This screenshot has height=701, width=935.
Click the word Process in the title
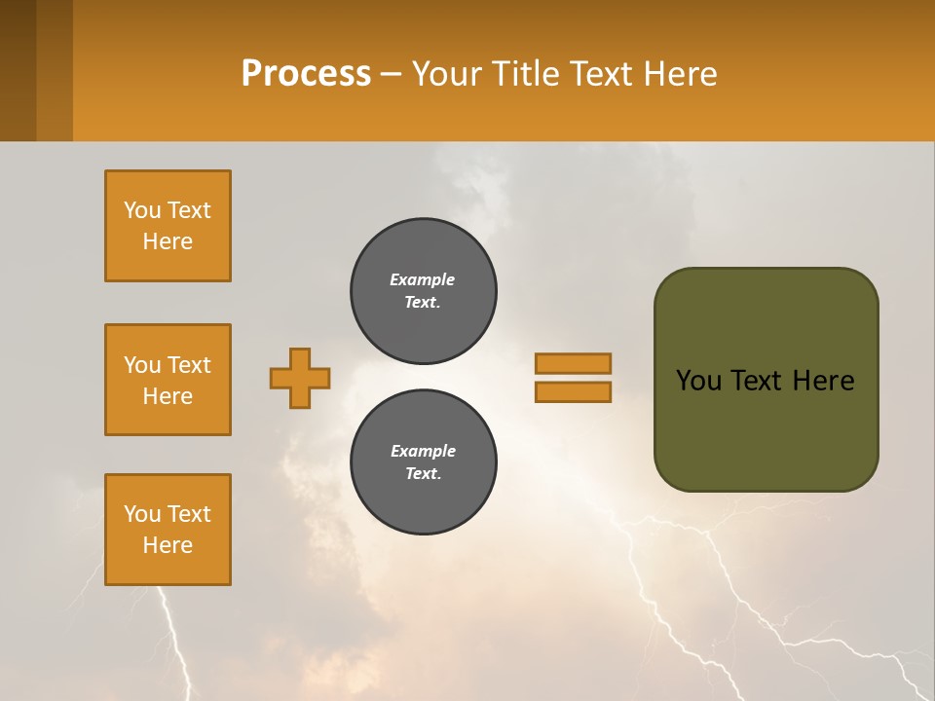pos(306,74)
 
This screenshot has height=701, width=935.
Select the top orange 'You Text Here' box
pos(168,226)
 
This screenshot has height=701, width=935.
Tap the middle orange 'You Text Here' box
pos(168,380)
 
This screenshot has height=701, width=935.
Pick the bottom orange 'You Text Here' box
pos(168,530)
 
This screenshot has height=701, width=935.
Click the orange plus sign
pos(300,378)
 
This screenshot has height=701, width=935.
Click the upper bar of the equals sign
pos(573,364)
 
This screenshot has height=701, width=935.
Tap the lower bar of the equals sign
pos(573,392)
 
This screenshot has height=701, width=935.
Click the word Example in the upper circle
pos(423,279)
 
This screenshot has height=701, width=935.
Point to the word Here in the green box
pos(823,381)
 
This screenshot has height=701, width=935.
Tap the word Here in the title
pos(681,74)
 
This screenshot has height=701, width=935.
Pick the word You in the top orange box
pos(142,210)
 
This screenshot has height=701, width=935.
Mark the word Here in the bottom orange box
pos(168,545)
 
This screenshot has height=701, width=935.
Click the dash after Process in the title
pos(391,74)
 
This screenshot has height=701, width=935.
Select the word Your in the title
pos(445,74)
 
